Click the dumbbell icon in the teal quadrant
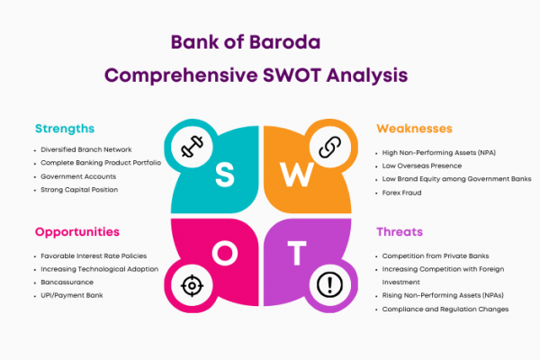click(192, 147)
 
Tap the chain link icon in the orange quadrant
click(330, 147)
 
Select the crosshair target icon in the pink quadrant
click(192, 285)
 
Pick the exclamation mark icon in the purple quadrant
click(329, 285)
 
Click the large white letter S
click(225, 175)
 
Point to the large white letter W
click(296, 175)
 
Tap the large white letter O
click(225, 253)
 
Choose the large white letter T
click(297, 253)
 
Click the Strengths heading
click(65, 129)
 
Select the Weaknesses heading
click(414, 129)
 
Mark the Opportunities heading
click(77, 232)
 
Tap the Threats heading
click(400, 232)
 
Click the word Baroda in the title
click(284, 42)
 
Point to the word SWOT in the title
click(292, 76)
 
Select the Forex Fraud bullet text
click(401, 193)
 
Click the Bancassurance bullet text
click(67, 282)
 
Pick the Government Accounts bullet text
click(78, 176)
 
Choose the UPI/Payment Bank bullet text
click(72, 295)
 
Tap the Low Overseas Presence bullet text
click(422, 166)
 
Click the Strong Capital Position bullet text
click(79, 190)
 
